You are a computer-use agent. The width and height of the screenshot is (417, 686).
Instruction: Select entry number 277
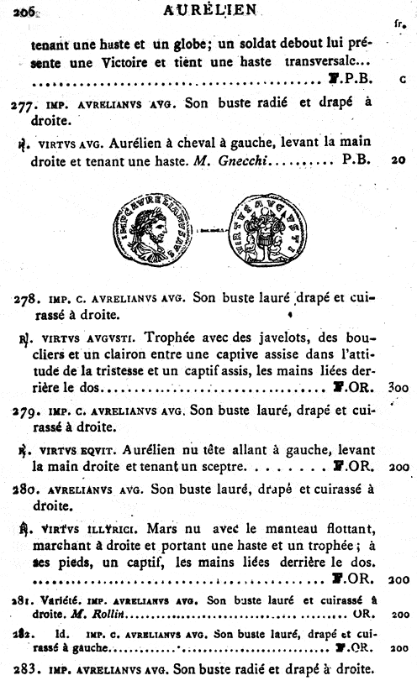[x=24, y=104]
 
